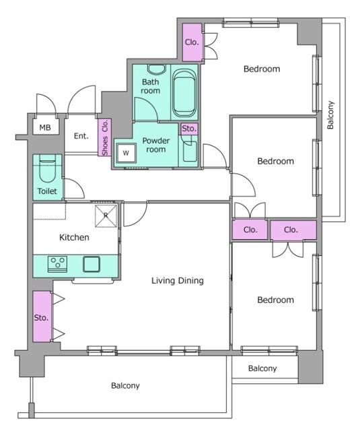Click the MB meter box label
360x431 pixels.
click(45, 127)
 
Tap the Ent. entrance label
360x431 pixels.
click(81, 136)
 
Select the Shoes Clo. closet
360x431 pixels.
click(104, 137)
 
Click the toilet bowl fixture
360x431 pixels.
click(47, 169)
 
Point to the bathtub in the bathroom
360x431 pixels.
click(184, 93)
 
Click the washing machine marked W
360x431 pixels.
click(126, 153)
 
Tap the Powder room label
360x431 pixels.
click(155, 145)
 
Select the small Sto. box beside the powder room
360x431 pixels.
click(189, 129)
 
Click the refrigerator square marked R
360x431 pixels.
click(106, 216)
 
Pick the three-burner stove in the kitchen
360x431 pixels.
click(57, 264)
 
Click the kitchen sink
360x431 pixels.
click(92, 264)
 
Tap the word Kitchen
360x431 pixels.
click(74, 237)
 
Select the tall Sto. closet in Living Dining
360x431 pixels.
click(42, 317)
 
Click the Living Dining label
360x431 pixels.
click(178, 281)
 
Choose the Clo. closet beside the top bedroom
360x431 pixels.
click(192, 42)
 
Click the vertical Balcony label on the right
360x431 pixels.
click(330, 115)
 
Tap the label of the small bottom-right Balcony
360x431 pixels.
click(262, 368)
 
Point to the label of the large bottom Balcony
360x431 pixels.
click(125, 386)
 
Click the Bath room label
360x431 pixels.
click(151, 86)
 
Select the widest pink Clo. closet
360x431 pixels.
click(293, 230)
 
